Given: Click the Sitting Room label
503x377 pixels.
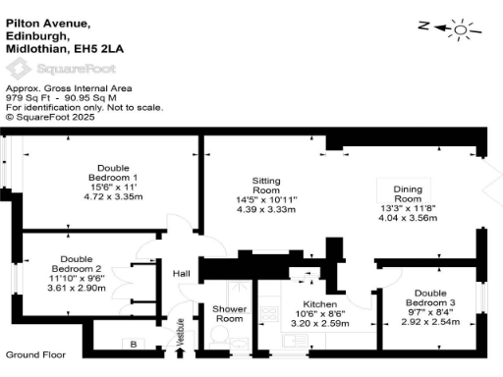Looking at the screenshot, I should tap(266, 186).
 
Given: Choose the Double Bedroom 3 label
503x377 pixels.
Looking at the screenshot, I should tap(429, 297).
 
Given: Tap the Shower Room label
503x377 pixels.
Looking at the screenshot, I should tap(229, 313).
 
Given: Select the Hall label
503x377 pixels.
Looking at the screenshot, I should tap(181, 274).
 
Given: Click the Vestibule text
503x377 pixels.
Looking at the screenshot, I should tap(181, 333).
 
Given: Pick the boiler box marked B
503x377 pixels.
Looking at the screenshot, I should tap(133, 344).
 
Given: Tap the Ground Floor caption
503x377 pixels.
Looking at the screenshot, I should tap(35, 353).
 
